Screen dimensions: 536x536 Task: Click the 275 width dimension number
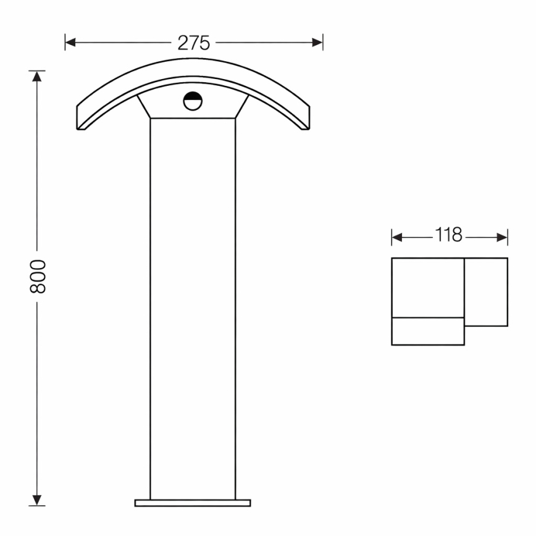194,43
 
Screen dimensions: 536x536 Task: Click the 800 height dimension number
38,277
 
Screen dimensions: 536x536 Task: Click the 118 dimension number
449,236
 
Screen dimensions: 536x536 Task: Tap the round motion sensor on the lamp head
193,101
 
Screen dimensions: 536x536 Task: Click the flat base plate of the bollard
193,503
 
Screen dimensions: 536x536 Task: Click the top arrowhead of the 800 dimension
38,76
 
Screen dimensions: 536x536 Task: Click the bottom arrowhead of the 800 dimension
38,500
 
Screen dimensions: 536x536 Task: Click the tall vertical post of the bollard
193,309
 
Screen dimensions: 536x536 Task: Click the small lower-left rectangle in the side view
427,332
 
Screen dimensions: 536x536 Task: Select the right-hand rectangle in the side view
486,291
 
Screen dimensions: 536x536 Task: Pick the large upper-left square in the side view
427,288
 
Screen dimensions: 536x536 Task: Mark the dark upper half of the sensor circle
193,97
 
